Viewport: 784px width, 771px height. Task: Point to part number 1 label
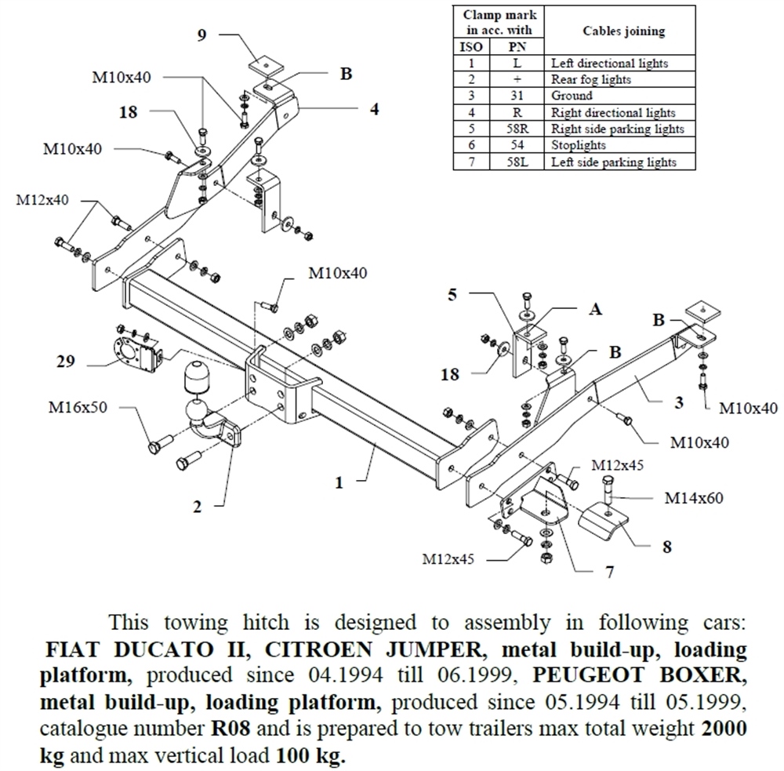click(339, 482)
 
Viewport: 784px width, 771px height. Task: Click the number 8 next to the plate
click(666, 547)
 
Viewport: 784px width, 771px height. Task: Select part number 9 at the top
click(202, 35)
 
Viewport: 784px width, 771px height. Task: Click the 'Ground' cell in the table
click(572, 96)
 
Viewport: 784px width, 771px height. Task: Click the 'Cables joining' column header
click(623, 31)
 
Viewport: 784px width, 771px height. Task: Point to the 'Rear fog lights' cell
click(591, 79)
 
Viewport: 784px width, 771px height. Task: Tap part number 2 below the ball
click(198, 507)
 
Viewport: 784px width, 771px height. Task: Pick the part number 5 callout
click(452, 295)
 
